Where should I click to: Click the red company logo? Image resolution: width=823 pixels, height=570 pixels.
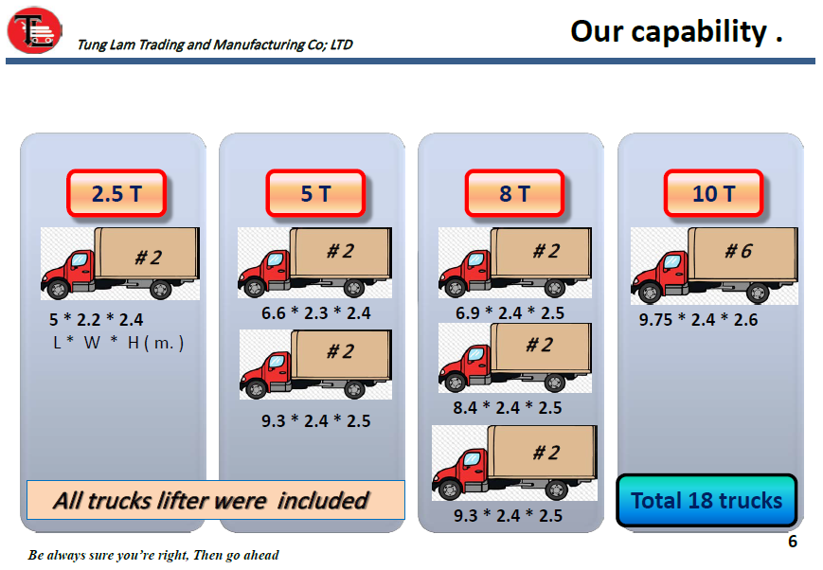pos(35,30)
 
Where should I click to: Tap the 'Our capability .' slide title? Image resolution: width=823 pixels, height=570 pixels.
pos(676,31)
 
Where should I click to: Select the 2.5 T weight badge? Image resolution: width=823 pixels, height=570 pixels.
pos(116,193)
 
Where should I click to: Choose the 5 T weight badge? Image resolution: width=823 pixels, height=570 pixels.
pos(315,193)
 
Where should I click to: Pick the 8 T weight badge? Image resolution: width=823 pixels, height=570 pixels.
pos(514,193)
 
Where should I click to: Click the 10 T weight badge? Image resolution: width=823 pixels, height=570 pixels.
pos(713,193)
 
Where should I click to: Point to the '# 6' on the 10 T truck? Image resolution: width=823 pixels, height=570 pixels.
pos(739,251)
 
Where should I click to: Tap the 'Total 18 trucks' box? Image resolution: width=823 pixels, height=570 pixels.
pos(707,501)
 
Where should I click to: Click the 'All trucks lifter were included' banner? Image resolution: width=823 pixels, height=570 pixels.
pos(216,500)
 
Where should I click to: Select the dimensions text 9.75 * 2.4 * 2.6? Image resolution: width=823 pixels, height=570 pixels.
pos(698,320)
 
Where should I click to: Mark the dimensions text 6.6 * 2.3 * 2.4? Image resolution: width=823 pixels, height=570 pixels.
pos(316,313)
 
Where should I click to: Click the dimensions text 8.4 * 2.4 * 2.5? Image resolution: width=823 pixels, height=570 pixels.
pos(508,408)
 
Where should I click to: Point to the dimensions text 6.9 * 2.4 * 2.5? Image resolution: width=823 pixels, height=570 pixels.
pos(510,313)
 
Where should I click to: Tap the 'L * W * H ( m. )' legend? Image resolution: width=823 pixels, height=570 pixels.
pos(118,343)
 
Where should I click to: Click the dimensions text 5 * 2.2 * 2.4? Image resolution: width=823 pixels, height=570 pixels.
pos(96,320)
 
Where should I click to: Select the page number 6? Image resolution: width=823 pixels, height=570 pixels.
pos(793,542)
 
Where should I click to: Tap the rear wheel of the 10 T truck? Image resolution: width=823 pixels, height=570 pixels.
pos(758,293)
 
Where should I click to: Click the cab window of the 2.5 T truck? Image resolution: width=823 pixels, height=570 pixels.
pos(80,259)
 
